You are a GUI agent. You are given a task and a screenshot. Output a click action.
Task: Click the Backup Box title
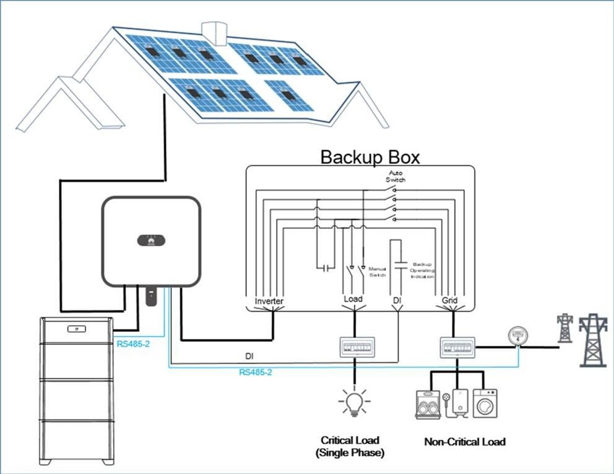click(370, 156)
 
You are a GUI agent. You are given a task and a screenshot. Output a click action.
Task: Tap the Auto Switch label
click(397, 176)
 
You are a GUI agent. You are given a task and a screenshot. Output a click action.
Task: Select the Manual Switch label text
click(378, 272)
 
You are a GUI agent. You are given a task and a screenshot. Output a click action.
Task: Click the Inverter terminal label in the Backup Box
click(269, 301)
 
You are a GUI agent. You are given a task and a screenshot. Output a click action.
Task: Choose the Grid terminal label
click(449, 301)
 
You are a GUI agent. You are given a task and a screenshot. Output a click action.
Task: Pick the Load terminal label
click(353, 300)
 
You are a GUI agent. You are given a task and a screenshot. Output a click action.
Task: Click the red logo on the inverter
click(151, 238)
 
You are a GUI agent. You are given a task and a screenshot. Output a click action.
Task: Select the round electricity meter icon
click(516, 336)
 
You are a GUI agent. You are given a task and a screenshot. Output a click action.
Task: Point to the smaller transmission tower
click(564, 328)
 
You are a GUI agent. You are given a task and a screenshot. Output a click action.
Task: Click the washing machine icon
click(485, 403)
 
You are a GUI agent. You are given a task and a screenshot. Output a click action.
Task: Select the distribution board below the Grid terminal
click(457, 347)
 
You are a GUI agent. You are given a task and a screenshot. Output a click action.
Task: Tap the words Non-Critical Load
click(465, 442)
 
